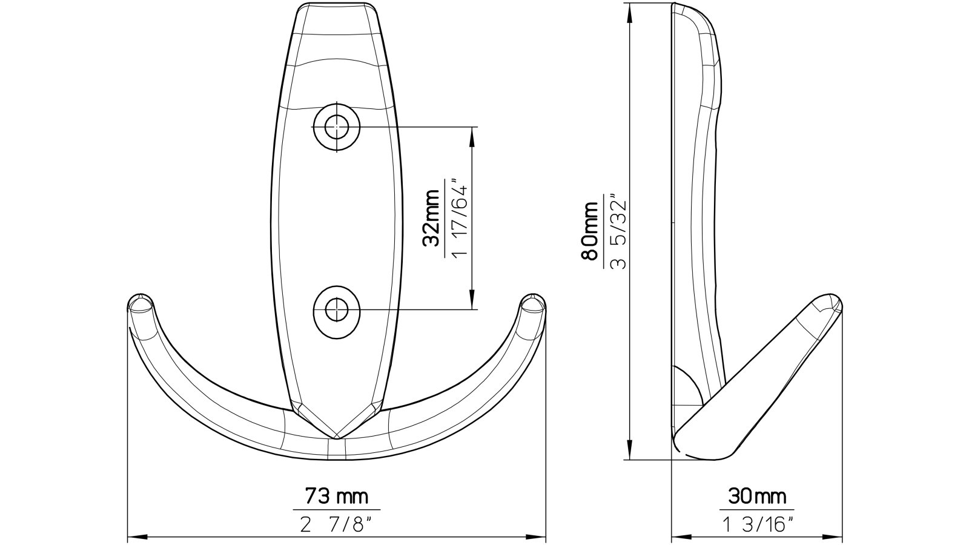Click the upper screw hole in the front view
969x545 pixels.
click(x=336, y=127)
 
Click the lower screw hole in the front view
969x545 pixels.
click(x=336, y=310)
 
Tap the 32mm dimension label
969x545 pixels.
click(x=431, y=219)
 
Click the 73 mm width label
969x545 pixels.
click(x=336, y=497)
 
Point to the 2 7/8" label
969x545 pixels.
click(x=336, y=522)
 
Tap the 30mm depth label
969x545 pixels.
click(x=756, y=497)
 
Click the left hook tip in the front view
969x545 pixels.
click(x=141, y=303)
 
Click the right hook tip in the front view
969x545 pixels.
click(x=533, y=303)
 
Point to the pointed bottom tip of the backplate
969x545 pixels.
click(x=337, y=436)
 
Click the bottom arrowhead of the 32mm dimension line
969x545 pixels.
click(x=472, y=303)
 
